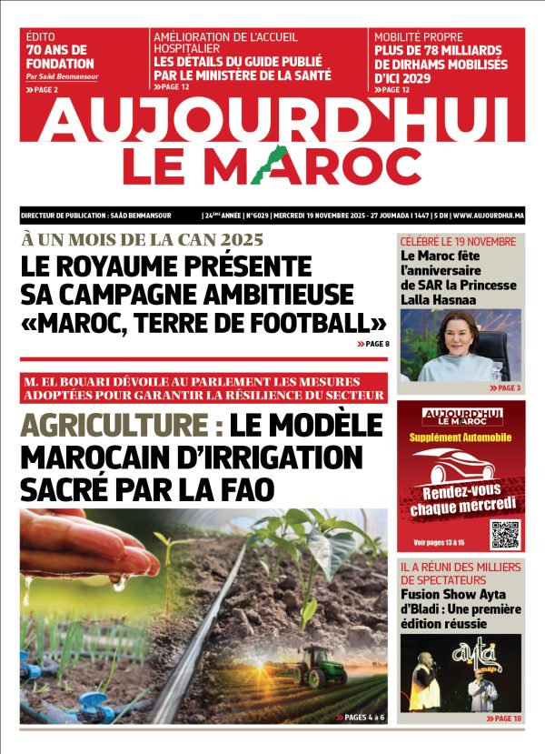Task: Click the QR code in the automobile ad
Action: [x=504, y=535]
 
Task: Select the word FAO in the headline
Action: [x=243, y=488]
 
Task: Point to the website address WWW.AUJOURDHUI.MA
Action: [x=488, y=216]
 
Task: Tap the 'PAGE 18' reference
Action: [x=505, y=719]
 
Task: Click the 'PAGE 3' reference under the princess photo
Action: [x=506, y=388]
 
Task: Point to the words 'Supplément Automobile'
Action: [x=461, y=437]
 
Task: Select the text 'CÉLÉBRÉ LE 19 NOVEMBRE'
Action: [x=458, y=242]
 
